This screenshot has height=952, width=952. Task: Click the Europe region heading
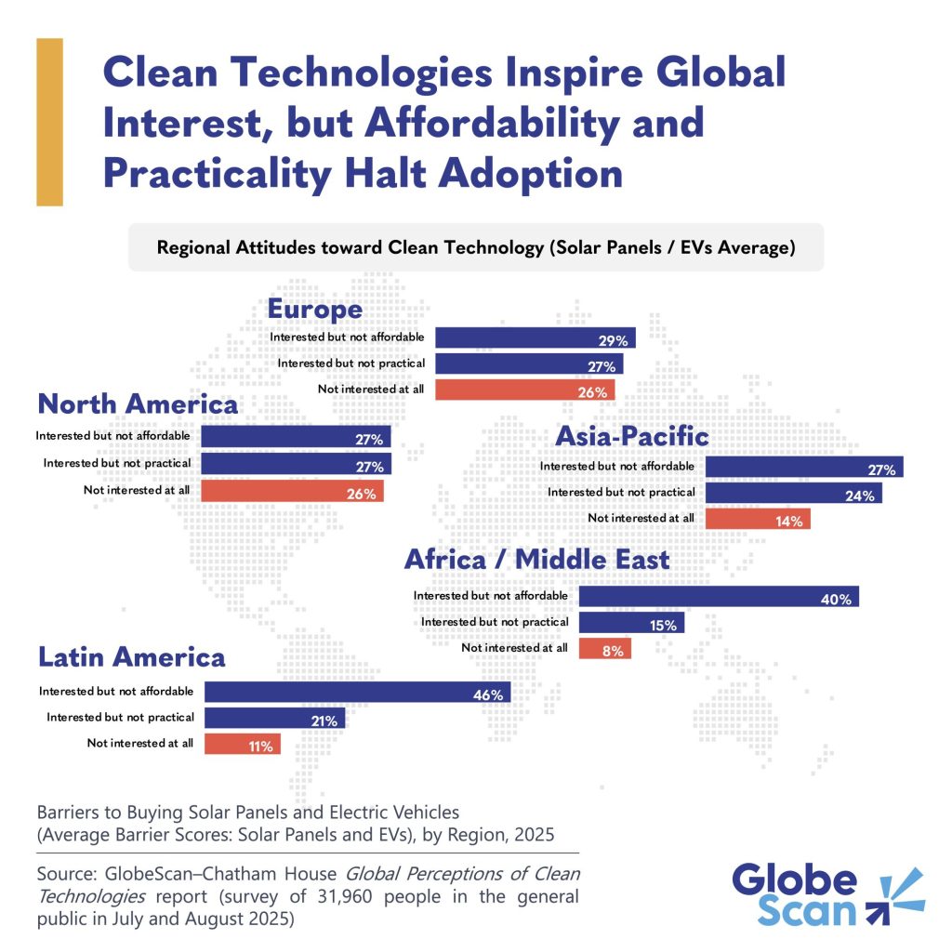pos(315,309)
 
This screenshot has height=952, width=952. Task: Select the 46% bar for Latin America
pos(357,692)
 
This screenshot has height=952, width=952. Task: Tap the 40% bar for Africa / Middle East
pos(718,596)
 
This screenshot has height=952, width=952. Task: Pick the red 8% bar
pos(605,648)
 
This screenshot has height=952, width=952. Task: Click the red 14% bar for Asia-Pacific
pos(758,519)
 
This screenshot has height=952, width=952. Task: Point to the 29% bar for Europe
pos(535,337)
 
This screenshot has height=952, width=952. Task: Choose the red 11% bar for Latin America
pos(242,744)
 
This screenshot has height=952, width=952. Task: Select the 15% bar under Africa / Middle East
pos(631,622)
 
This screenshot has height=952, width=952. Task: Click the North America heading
pos(138,404)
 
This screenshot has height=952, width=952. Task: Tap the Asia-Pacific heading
pos(631,436)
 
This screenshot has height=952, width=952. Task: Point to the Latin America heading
pos(132,657)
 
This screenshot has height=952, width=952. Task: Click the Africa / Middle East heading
pos(536,560)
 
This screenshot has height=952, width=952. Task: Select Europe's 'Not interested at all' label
pos(370,389)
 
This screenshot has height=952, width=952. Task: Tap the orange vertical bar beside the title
pos(49,122)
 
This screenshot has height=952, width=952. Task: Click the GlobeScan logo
pos(827,894)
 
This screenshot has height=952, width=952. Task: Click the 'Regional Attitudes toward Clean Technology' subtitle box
pos(476,247)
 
